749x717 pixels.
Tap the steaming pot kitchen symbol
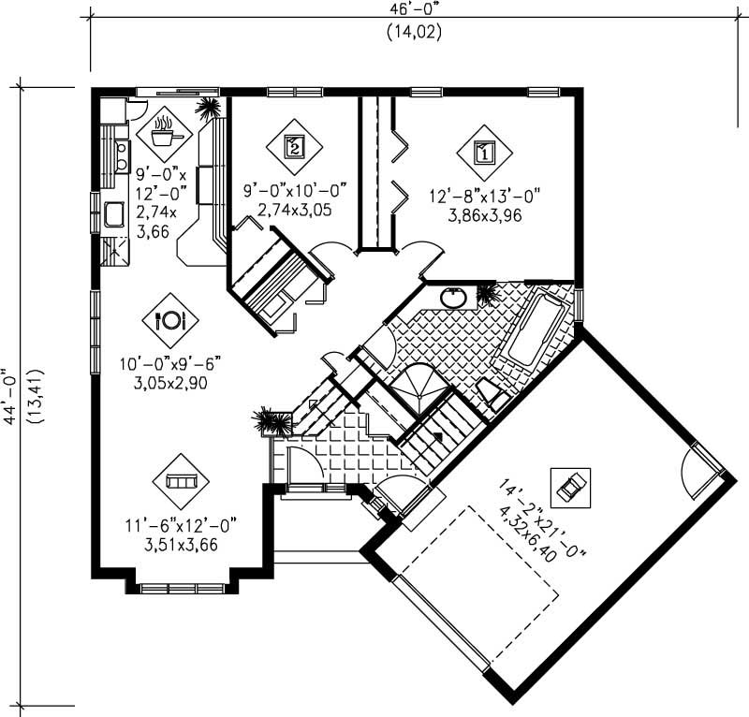(165, 132)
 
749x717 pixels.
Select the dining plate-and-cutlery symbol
(170, 319)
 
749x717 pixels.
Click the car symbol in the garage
(571, 486)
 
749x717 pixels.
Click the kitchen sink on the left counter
(114, 216)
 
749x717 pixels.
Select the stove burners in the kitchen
(121, 154)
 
